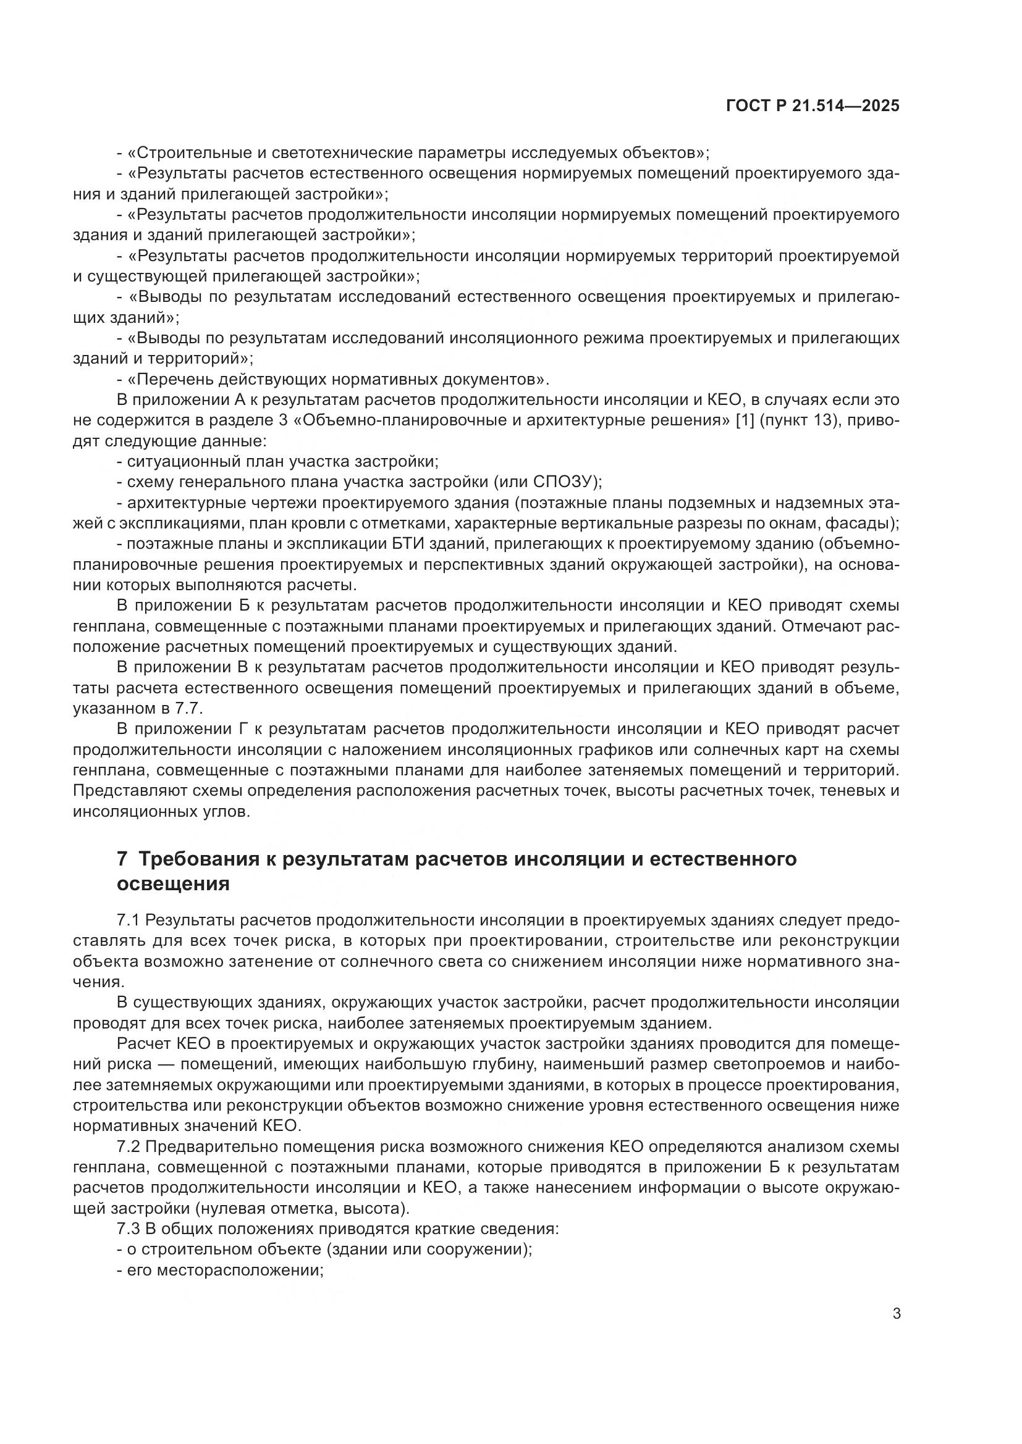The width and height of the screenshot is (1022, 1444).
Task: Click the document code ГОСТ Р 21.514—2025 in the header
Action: [813, 106]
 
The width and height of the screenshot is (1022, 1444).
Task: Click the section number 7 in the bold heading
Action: [123, 859]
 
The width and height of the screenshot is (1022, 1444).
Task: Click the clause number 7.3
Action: [129, 1229]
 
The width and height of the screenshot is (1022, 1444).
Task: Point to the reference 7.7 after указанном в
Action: [187, 709]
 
